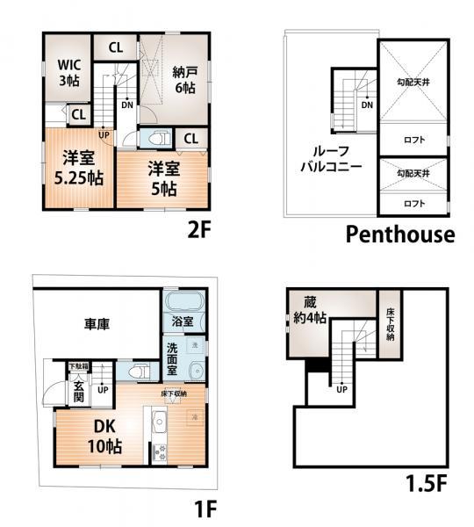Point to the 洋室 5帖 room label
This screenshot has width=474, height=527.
(x=163, y=177)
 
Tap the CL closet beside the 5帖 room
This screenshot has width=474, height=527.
(x=190, y=138)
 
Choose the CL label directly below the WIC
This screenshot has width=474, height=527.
(x=78, y=114)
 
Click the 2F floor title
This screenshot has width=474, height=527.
(x=202, y=231)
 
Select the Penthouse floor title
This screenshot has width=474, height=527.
(x=399, y=234)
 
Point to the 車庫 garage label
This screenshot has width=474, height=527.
(x=97, y=324)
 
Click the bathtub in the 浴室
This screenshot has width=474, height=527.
(x=184, y=305)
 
